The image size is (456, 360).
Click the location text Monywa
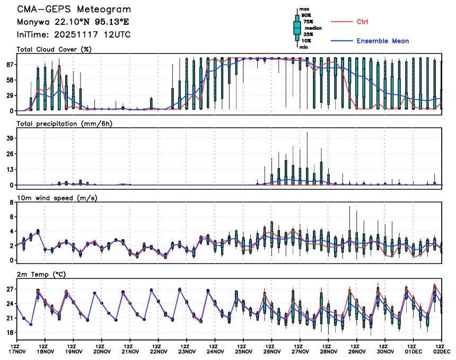[33, 22]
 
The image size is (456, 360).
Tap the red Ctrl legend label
[362, 22]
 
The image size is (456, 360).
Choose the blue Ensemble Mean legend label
[382, 41]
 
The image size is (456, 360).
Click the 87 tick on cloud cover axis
[10, 65]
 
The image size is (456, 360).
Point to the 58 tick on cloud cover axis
[10, 80]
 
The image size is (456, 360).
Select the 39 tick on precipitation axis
[10, 138]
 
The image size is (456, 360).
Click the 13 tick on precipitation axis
[10, 170]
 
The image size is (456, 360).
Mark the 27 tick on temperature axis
[10, 289]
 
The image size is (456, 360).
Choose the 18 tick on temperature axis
[10, 333]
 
